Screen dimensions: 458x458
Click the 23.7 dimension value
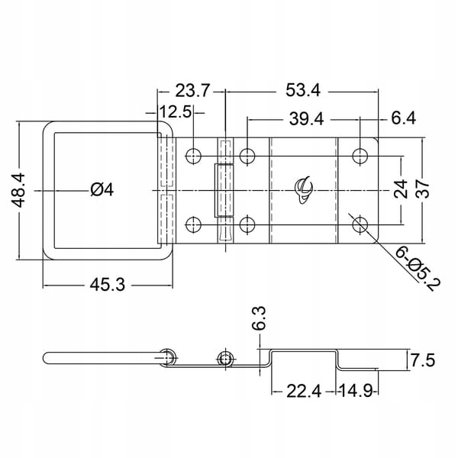click(192, 90)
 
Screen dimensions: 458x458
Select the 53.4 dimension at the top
click(303, 90)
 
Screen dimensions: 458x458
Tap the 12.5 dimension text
click(176, 111)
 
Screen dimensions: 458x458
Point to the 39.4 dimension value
click(306, 119)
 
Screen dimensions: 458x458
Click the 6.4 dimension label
click(403, 118)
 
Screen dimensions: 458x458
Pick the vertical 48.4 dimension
click(18, 190)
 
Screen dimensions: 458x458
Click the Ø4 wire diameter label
click(102, 190)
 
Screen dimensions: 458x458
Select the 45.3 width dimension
click(107, 285)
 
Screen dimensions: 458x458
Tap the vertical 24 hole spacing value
click(401, 189)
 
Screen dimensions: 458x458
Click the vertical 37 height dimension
click(423, 189)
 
